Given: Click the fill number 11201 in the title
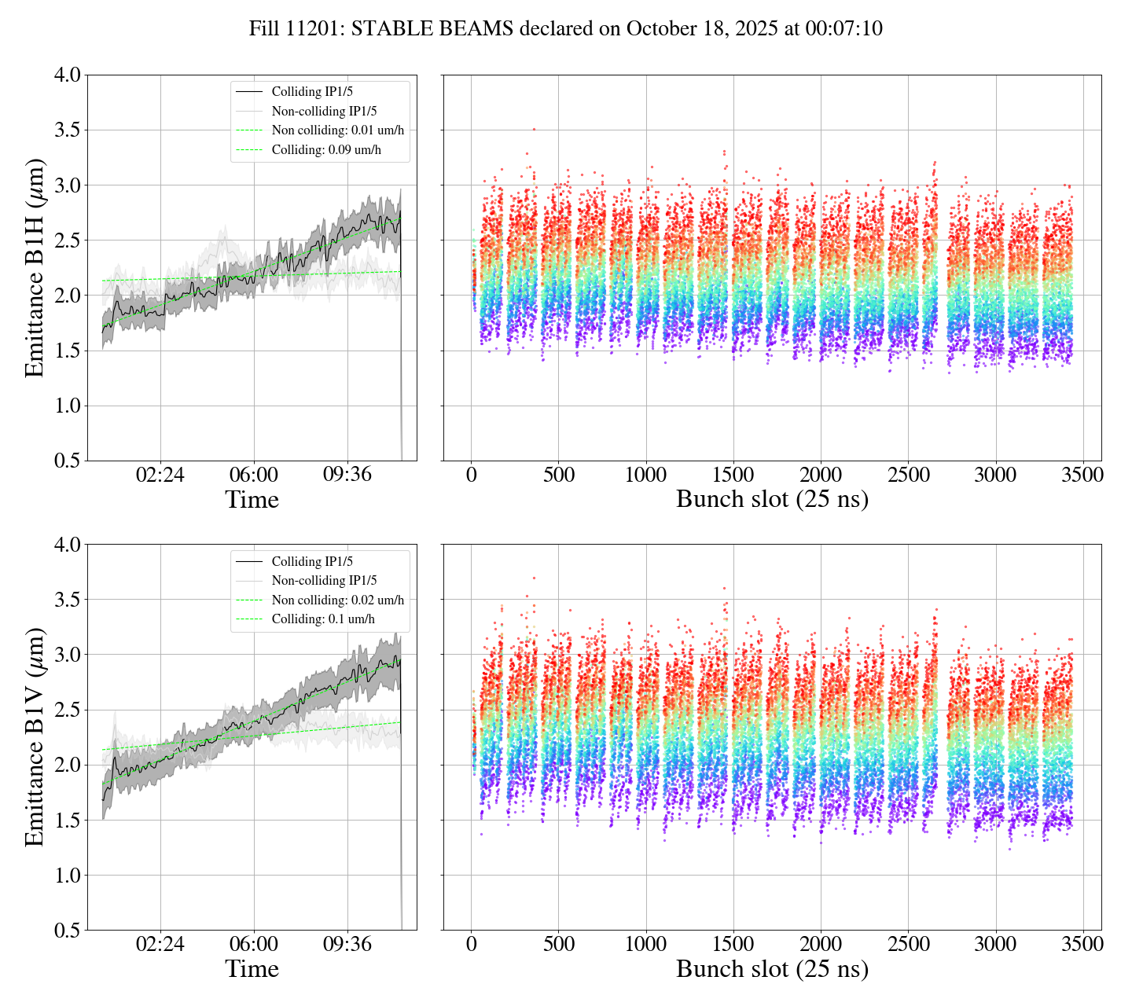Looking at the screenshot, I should pos(319,29).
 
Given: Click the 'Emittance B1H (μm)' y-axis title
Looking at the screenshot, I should pos(35,268).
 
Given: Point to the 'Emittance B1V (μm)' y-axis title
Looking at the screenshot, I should pos(35,737).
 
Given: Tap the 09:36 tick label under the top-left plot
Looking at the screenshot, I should pos(347,475).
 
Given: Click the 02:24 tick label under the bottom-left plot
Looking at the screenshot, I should pos(160,945).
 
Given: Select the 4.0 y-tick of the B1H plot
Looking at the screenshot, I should pos(68,75).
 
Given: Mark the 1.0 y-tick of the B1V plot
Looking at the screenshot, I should pos(68,876).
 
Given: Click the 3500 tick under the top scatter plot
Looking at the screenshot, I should pos(1082,475).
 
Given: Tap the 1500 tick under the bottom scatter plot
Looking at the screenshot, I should pos(733,945).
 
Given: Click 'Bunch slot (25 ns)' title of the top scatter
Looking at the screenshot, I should pos(772,500).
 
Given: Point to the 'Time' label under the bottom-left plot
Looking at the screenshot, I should pos(252,969).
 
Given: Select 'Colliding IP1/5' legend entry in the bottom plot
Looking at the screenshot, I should pos(312,561).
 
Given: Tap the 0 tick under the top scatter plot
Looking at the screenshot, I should pos(471,475).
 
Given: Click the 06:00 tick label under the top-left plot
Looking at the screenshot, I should pos(254,475).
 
